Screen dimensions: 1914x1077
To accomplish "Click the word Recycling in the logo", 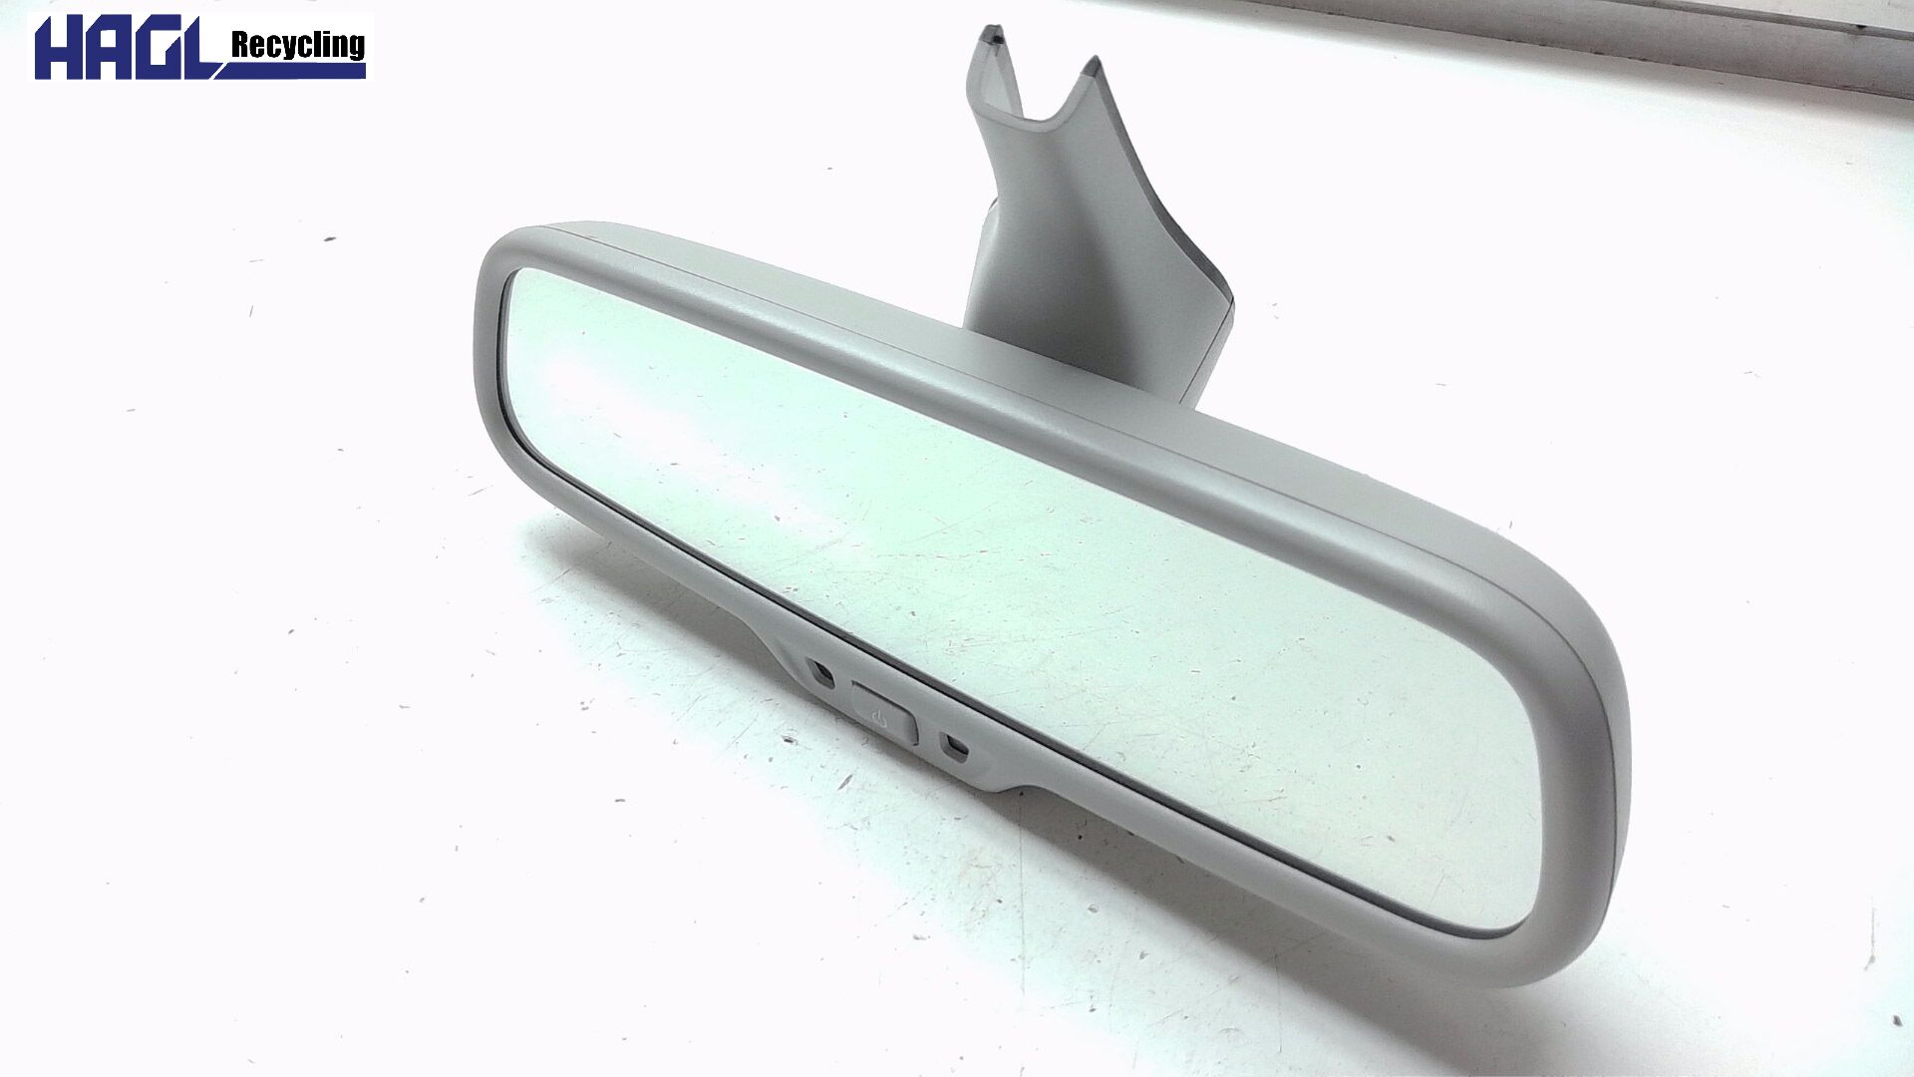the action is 297,45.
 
